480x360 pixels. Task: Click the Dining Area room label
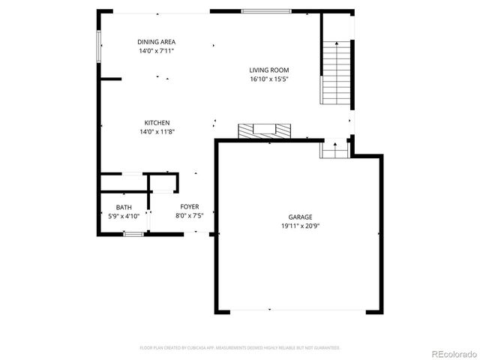(157, 42)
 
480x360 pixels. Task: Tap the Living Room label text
(268, 70)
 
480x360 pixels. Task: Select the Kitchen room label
(157, 123)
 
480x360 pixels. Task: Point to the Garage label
(300, 217)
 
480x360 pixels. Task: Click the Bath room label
(124, 207)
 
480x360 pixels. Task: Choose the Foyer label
(188, 207)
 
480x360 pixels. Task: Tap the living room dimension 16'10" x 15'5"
(268, 79)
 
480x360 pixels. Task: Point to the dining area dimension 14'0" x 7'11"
(157, 51)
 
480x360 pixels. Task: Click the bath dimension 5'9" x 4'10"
(124, 216)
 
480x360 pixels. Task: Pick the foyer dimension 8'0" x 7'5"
(188, 216)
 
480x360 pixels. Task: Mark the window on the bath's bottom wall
(133, 235)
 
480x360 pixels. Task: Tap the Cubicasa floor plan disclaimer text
(240, 348)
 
